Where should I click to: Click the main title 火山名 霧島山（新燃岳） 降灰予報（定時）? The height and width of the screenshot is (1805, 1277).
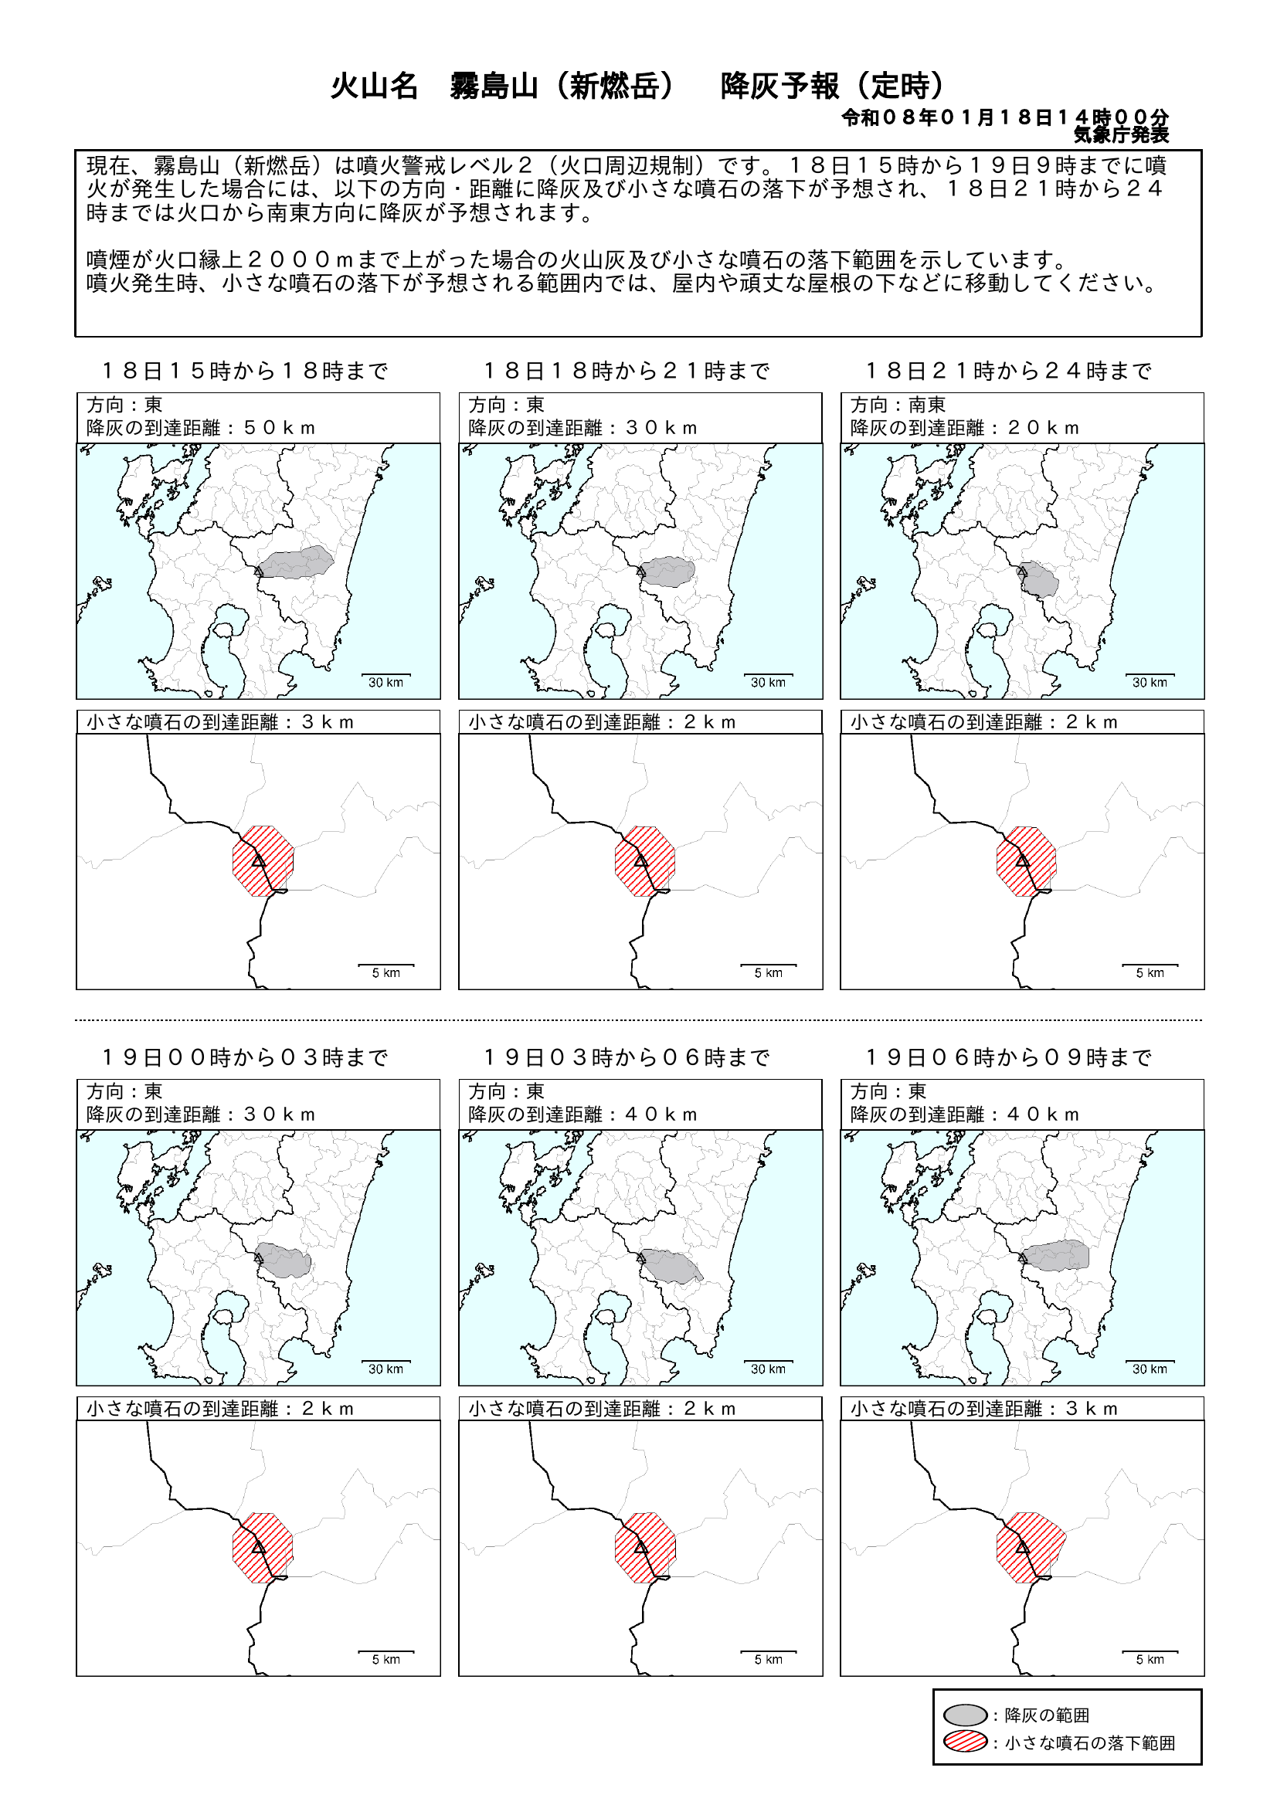click(x=637, y=86)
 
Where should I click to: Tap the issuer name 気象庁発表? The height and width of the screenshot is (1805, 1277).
click(x=1121, y=135)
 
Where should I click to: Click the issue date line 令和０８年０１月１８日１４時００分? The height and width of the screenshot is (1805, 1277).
click(x=1005, y=118)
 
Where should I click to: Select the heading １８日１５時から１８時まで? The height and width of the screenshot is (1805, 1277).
click(x=246, y=371)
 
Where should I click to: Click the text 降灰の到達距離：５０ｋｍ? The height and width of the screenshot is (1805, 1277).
click(x=201, y=429)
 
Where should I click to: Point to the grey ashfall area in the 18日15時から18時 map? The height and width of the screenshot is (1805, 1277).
click(x=297, y=562)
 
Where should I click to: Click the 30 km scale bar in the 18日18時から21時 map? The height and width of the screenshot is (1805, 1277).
click(x=767, y=675)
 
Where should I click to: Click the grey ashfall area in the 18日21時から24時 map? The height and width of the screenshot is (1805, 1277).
click(x=1039, y=579)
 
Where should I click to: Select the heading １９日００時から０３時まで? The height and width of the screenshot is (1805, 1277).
click(x=246, y=1057)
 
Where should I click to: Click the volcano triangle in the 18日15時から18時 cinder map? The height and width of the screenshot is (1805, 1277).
click(x=259, y=861)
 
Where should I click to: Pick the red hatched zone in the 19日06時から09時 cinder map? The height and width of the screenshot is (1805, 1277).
click(x=1030, y=1547)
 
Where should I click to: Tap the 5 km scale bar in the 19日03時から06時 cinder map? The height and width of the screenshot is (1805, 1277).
click(x=769, y=1651)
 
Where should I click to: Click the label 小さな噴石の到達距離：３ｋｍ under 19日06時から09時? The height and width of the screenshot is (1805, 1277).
click(x=983, y=1409)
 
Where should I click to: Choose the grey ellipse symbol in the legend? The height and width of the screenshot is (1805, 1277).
click(x=965, y=1715)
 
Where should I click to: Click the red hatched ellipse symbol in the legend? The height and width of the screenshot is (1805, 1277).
click(x=965, y=1742)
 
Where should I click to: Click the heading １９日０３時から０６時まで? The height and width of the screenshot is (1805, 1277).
click(x=627, y=1057)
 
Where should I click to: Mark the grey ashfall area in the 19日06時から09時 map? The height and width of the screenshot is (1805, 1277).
click(x=1055, y=1256)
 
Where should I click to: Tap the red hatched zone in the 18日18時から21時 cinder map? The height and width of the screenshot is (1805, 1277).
click(x=645, y=861)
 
